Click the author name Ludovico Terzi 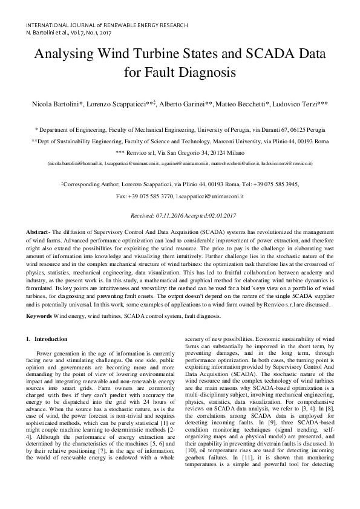[293, 104]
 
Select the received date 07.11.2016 [170, 215]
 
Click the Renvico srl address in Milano [180, 152]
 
